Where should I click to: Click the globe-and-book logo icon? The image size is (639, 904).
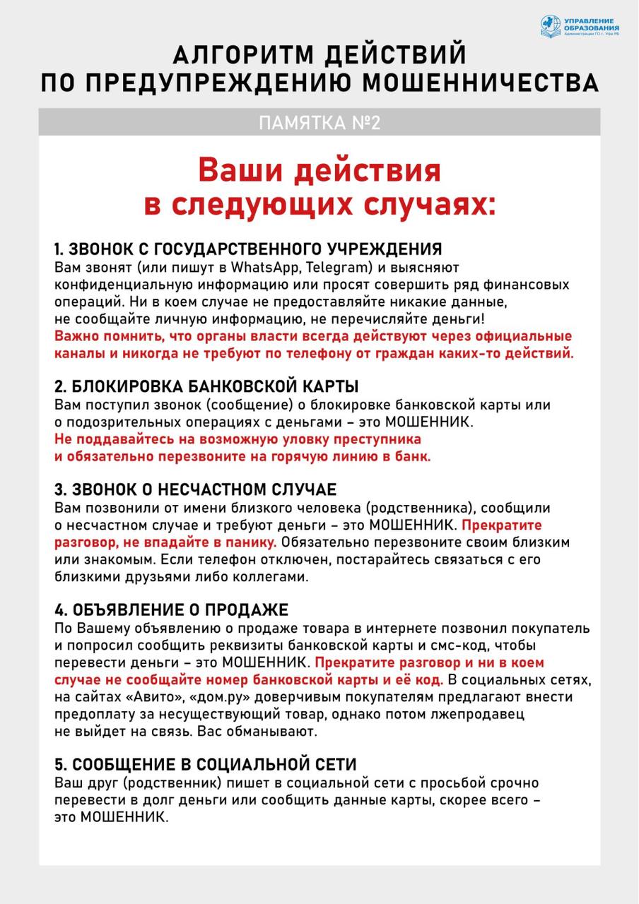(x=551, y=27)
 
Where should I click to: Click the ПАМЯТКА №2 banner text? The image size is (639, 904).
(x=319, y=122)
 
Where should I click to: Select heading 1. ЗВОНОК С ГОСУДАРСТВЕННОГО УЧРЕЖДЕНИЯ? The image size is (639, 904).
(x=248, y=249)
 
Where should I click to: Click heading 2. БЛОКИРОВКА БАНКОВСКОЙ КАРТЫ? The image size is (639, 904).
(x=206, y=387)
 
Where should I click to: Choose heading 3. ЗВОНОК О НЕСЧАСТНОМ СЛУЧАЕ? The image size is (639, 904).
(x=196, y=490)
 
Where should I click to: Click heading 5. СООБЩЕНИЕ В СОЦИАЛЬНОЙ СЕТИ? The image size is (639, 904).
(x=205, y=765)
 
